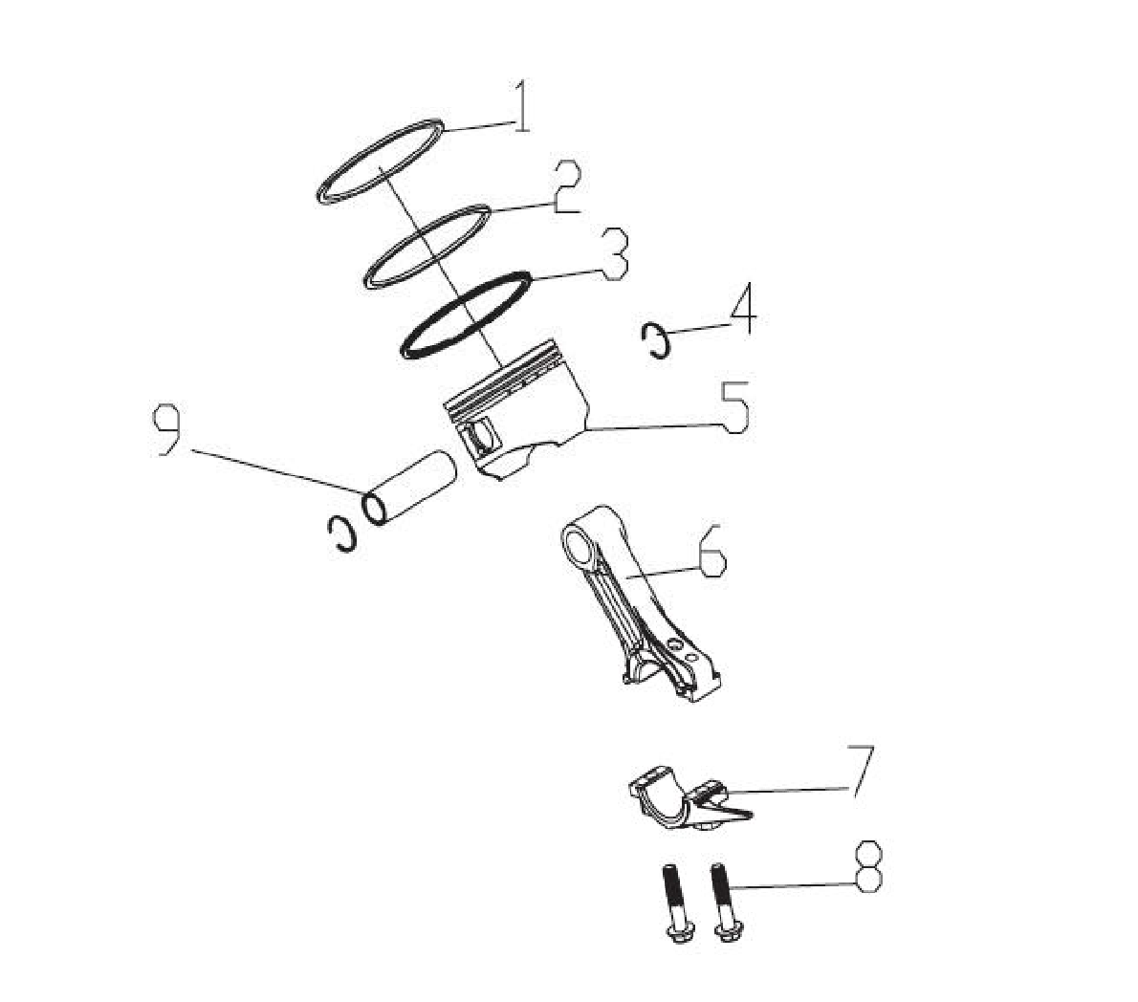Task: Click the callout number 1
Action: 522,106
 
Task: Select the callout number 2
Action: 567,187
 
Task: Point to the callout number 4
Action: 743,309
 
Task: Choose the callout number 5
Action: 734,407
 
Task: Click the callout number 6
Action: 712,549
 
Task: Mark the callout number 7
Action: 861,771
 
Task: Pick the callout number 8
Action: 868,867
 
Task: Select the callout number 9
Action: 166,431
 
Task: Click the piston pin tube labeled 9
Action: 408,488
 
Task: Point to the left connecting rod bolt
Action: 676,903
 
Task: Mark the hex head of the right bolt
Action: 730,928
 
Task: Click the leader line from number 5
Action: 655,429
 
